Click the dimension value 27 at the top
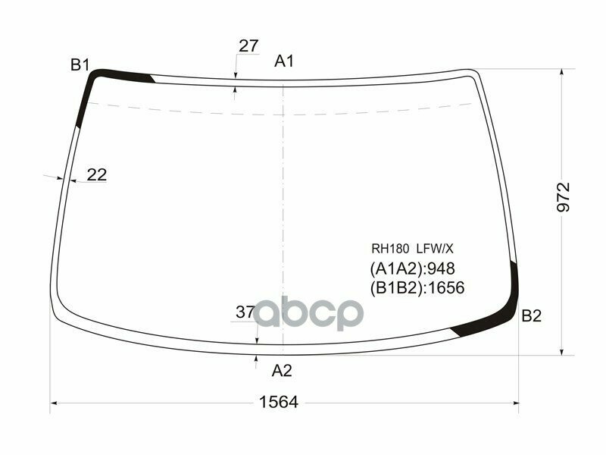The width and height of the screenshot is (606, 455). click(248, 46)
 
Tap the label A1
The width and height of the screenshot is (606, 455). click(284, 61)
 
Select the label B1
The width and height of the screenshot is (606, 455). click(80, 65)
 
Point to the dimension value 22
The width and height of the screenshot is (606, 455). click(97, 175)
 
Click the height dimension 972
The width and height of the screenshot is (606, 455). click(564, 197)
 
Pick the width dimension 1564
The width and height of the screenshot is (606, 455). click(278, 402)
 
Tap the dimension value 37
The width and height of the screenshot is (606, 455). click(245, 312)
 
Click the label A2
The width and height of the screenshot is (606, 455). click(282, 371)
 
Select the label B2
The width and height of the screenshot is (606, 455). click(532, 317)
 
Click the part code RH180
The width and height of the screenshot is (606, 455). click(389, 248)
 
